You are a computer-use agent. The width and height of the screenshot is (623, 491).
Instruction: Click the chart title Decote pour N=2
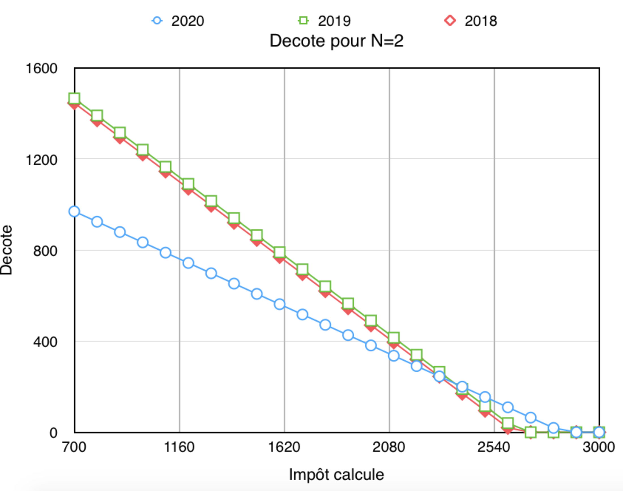pos(336,41)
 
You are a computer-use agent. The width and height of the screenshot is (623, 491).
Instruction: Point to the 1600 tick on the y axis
pos(42,69)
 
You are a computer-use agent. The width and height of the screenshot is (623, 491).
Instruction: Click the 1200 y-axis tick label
pos(42,160)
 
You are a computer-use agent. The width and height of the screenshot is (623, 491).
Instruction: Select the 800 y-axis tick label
pos(45,251)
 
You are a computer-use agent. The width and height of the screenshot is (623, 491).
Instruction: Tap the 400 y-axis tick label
pos(45,342)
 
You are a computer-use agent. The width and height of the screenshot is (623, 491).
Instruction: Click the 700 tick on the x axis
pos(74,447)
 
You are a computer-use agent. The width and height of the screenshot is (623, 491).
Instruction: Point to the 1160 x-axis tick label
pos(179,447)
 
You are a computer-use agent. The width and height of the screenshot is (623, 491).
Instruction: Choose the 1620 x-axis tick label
pos(284,447)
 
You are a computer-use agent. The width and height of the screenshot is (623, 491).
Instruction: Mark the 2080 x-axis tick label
pos(389,447)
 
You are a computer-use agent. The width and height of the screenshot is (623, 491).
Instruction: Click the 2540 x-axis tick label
pos(494,447)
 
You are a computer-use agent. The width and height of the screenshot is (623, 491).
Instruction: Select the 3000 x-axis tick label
pos(599,447)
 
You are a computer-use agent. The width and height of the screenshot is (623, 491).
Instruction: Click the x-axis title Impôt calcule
pos(336,475)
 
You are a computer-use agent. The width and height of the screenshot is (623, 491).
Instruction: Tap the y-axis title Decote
pos(6,250)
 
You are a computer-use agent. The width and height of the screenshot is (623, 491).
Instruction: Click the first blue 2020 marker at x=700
pos(74,212)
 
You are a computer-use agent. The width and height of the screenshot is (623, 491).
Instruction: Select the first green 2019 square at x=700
pos(74,98)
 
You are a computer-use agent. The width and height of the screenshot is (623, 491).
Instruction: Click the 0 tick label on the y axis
pos(54,433)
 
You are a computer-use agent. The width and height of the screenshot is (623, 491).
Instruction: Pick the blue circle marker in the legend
pos(157,21)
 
